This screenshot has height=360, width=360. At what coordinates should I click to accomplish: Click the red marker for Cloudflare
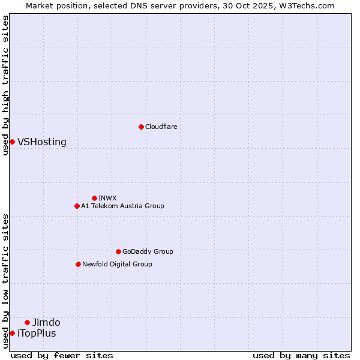click(141, 127)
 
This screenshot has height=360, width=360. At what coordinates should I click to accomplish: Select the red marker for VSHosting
click(12, 142)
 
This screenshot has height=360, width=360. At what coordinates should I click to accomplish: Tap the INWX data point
click(94, 198)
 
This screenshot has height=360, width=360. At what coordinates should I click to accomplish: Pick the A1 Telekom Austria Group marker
click(77, 206)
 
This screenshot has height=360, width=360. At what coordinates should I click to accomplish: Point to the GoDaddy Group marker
click(118, 251)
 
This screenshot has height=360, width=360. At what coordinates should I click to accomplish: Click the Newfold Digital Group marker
click(78, 264)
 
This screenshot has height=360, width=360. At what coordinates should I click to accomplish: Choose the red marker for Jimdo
click(27, 322)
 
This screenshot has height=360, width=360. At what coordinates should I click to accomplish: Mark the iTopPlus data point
click(12, 333)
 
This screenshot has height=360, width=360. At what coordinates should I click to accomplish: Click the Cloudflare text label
click(161, 127)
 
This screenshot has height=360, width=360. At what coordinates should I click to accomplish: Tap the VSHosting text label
click(42, 142)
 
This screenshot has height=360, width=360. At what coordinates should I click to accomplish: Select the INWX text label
click(108, 198)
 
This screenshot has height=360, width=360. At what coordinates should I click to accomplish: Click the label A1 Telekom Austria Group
click(122, 206)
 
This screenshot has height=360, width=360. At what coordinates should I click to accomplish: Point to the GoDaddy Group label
click(148, 251)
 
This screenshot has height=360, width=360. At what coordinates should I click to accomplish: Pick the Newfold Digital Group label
click(117, 264)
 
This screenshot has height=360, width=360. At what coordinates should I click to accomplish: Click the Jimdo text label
click(46, 323)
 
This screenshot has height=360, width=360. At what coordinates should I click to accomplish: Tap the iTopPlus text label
click(37, 334)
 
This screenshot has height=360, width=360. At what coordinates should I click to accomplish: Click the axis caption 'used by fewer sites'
click(62, 355)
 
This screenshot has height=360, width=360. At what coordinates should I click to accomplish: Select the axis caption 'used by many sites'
click(301, 355)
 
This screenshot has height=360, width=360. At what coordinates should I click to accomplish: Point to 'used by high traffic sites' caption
click(5, 85)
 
